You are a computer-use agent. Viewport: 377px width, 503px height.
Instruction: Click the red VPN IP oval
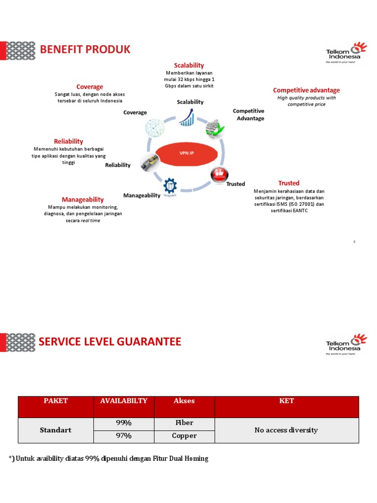[187, 153]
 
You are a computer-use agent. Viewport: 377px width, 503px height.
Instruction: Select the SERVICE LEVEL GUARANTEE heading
[110, 341]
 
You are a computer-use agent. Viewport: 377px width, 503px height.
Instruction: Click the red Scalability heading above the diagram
[188, 65]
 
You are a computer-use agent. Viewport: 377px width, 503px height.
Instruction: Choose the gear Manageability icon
[170, 185]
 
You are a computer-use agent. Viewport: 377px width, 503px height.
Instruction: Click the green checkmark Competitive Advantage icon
[215, 129]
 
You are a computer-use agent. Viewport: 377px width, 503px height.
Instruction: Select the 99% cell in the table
[123, 423]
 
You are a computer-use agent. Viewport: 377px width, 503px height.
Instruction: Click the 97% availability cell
[123, 436]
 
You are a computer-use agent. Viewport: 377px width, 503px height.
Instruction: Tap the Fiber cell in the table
[184, 423]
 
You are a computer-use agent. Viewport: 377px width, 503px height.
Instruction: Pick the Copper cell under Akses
[184, 436]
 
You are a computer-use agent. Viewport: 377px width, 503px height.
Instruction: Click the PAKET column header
[55, 401]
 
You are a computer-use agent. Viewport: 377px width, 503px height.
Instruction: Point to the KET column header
[286, 401]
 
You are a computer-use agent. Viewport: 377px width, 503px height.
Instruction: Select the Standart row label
[55, 430]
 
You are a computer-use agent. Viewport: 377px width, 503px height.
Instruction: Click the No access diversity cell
[286, 430]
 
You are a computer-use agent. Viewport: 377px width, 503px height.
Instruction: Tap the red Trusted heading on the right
[289, 183]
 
